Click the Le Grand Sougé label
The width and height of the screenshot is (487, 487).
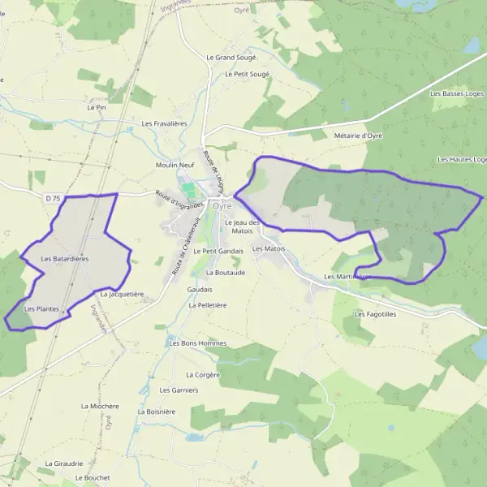[231, 58]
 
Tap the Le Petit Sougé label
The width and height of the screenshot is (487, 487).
[247, 74]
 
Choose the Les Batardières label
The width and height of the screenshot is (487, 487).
[65, 258]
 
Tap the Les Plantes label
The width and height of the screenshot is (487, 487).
[42, 308]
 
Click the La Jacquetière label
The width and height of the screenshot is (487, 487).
[122, 293]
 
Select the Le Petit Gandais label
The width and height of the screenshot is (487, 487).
[218, 252]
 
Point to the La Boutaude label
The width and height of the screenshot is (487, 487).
[225, 273]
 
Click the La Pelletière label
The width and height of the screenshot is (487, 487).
[207, 305]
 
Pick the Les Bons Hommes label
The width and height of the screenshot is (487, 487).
[198, 343]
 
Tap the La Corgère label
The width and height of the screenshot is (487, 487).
[203, 375]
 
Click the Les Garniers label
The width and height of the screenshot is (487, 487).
[179, 390]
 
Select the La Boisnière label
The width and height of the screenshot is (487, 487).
[156, 412]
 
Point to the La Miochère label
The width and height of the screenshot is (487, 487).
[100, 406]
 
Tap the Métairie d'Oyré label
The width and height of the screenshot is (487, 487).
[358, 136]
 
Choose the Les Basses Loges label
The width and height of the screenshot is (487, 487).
[458, 94]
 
